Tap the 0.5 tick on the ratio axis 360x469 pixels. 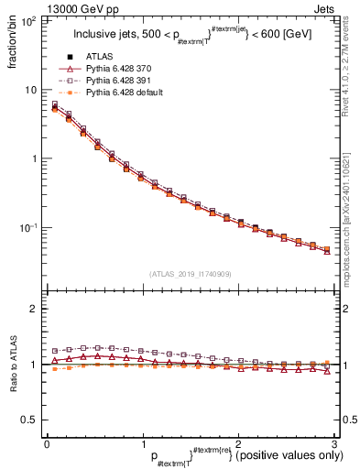30,420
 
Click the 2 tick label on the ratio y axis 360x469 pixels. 35,309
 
